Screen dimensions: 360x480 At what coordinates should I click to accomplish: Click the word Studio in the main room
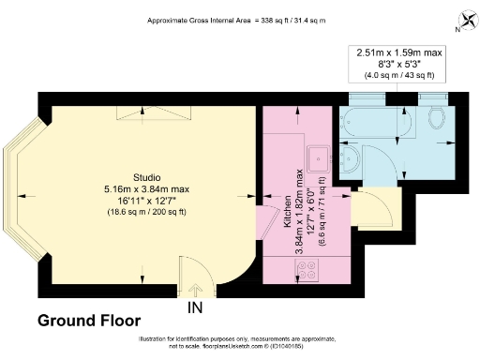click(145, 177)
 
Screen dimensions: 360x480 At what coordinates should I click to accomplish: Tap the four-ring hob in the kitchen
click(307, 271)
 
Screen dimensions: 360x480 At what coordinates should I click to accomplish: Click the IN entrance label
click(195, 307)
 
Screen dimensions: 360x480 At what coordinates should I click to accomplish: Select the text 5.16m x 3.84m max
click(145, 188)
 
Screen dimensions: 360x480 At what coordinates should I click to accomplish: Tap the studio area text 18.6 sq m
click(145, 213)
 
